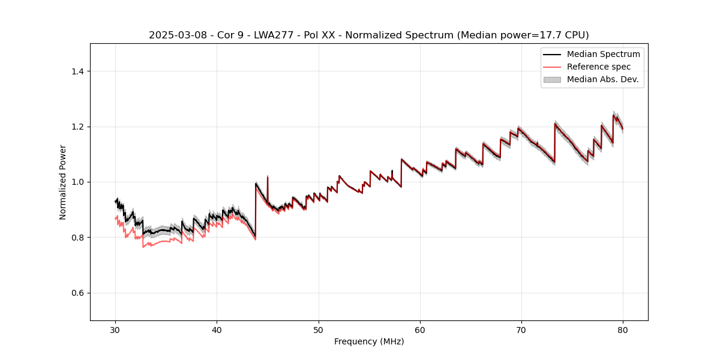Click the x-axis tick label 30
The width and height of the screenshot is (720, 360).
[116, 330]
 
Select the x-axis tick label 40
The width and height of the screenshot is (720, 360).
[217, 330]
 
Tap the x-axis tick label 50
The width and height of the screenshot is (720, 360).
[319, 330]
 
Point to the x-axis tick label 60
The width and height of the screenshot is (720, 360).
[420, 330]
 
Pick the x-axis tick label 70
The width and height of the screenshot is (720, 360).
[521, 330]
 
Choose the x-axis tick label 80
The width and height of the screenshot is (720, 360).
[623, 330]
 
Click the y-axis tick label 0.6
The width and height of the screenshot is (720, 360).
[77, 293]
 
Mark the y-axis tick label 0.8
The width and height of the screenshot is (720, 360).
[77, 238]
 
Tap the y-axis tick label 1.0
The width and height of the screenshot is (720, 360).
[77, 182]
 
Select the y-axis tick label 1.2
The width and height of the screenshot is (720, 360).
[77, 127]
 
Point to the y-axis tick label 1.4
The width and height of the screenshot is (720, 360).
[77, 71]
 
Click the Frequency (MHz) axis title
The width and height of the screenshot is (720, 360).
[369, 341]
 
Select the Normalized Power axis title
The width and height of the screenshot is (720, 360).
[63, 182]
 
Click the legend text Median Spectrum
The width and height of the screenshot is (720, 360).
[603, 54]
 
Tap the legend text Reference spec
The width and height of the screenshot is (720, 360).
[599, 67]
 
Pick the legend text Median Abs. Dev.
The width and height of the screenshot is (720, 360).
[602, 79]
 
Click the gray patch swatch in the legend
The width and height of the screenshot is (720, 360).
[552, 79]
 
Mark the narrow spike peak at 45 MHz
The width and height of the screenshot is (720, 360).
[268, 176]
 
